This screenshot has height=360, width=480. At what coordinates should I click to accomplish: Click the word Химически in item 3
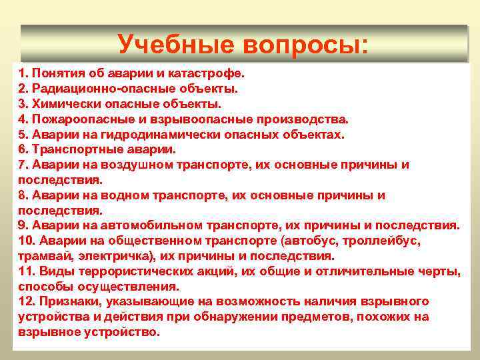point(63,103)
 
